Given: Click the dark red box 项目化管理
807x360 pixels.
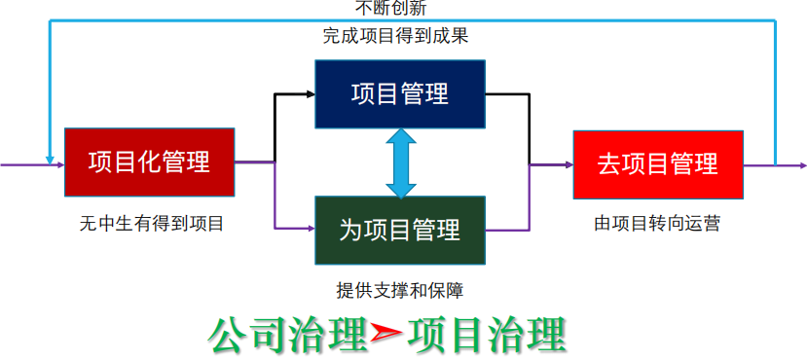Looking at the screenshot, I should coord(149,162).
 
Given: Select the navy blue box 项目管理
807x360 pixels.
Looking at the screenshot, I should coord(399,94).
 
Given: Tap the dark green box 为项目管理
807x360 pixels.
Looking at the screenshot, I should coord(399,231).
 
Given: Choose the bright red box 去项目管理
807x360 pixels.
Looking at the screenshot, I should coord(658,163).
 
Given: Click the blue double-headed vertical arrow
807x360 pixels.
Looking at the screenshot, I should coord(399,162).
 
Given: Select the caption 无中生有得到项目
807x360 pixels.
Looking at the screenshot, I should coord(152,224).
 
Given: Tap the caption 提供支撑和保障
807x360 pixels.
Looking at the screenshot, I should coord(400,290).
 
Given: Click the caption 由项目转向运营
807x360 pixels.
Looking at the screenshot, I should coord(658,224).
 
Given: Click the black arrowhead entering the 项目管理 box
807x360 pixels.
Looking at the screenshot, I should coord(310,94).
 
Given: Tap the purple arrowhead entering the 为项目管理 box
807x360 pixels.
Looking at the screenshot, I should coord(310,230).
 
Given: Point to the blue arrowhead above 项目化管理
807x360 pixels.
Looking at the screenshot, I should coord(49,158).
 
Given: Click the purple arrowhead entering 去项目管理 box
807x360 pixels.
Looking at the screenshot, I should coord(568,165).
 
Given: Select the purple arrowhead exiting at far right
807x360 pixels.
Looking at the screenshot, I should coord(800,165).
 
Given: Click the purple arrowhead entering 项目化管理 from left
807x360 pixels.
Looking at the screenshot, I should coord(58,164).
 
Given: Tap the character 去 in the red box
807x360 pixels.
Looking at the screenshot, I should coord(609,163).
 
